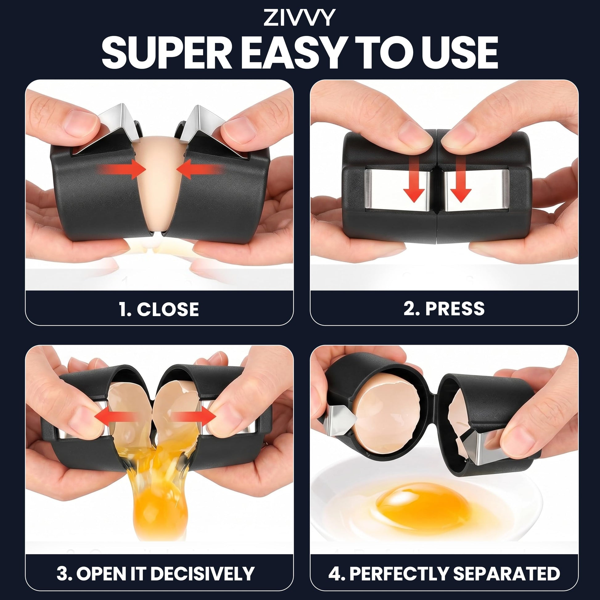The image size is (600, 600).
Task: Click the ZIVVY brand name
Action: click(300, 18)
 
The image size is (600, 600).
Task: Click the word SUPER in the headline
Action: click(167, 52)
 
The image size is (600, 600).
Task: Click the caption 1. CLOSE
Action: click(159, 309)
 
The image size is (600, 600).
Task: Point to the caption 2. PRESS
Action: click(444, 309)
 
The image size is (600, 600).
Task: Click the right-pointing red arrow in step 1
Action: click(122, 169)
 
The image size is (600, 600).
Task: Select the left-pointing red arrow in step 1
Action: click(199, 169)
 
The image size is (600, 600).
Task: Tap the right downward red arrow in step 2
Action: click(461, 179)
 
